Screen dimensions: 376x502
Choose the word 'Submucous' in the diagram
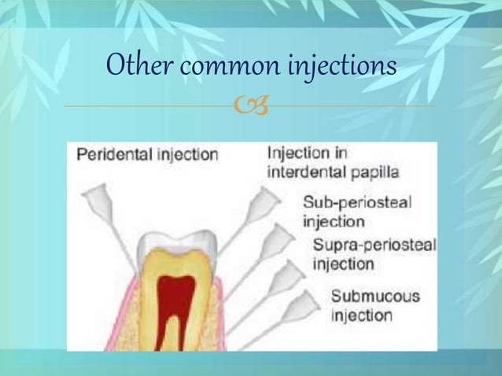coord(375,297)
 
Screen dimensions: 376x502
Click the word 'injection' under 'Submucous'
coord(361,315)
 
